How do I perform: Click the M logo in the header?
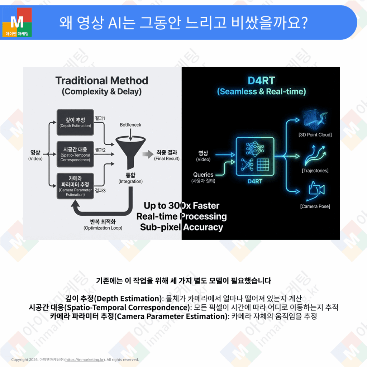click(17, 23)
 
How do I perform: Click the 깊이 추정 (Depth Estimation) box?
click(75, 122)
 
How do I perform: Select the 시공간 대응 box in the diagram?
click(75, 154)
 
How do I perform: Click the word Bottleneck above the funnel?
click(130, 125)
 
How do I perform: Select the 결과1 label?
click(100, 118)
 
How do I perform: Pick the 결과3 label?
click(100, 191)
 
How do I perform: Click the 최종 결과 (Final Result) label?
click(167, 155)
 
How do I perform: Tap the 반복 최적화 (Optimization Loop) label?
click(103, 224)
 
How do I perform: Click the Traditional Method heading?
click(102, 81)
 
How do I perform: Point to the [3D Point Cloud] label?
click(315, 135)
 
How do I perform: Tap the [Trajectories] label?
click(315, 171)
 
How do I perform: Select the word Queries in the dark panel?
click(203, 175)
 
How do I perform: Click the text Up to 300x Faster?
click(181, 206)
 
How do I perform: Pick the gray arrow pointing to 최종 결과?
click(147, 155)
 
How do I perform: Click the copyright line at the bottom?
click(75, 359)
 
